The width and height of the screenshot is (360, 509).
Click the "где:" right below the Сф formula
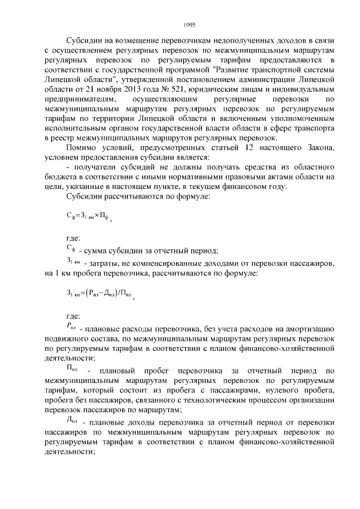click(x=74, y=238)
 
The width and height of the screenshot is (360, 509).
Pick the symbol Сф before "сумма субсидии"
click(x=71, y=249)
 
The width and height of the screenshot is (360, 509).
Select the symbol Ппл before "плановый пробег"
click(x=72, y=370)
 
